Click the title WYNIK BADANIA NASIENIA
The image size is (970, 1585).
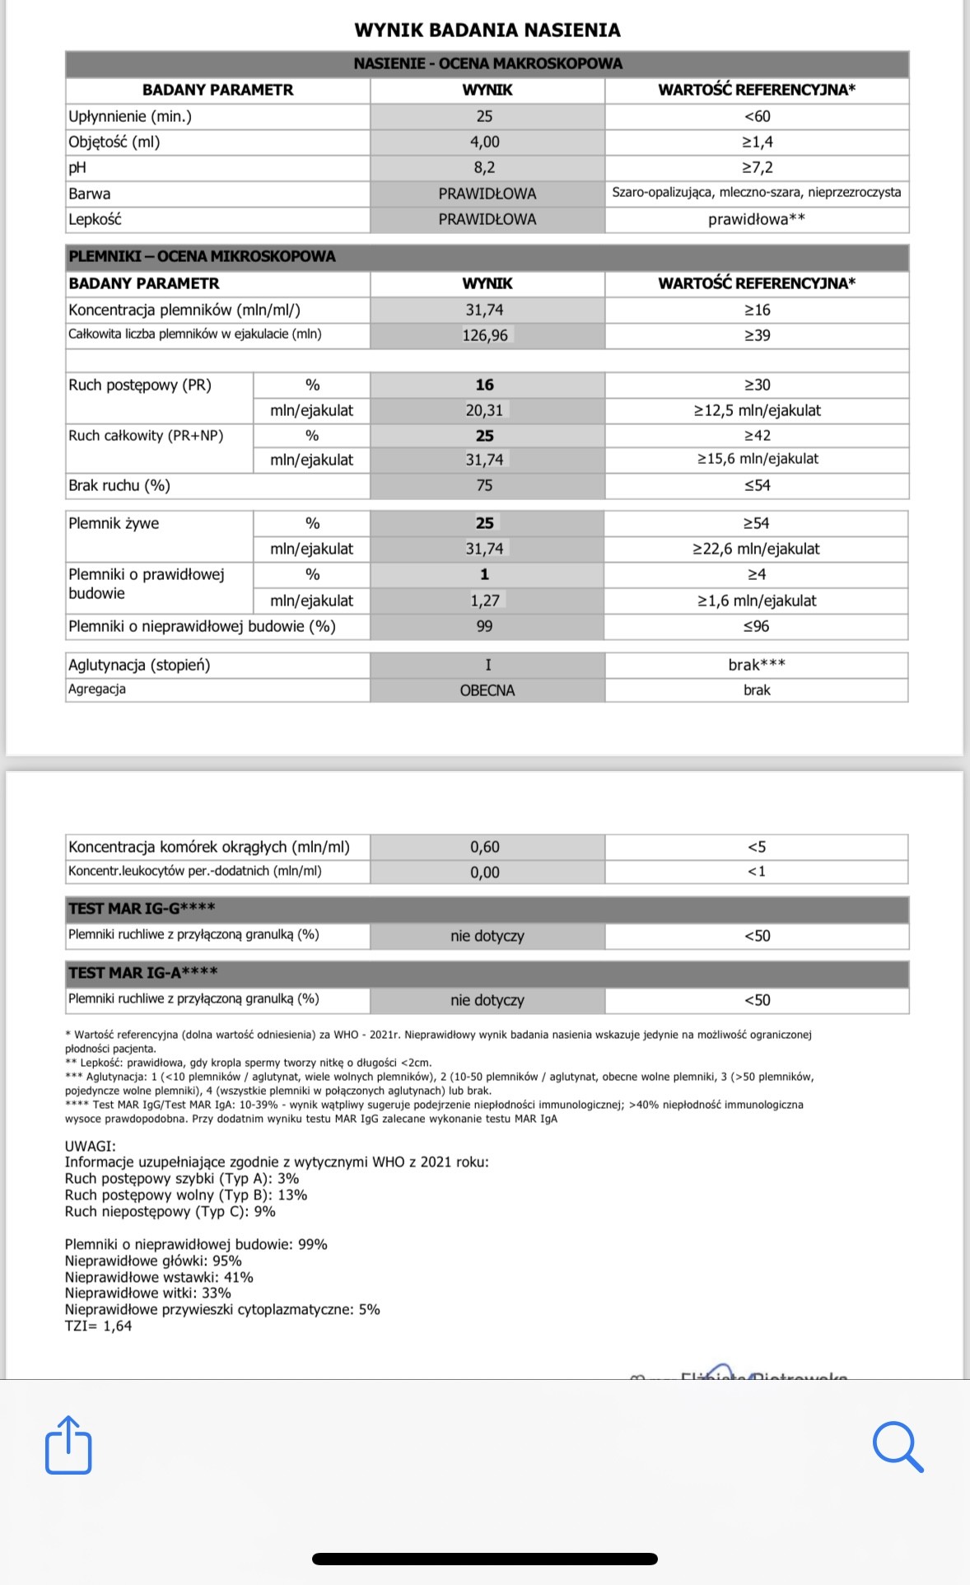click(x=487, y=30)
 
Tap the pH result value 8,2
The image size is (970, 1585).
click(x=484, y=168)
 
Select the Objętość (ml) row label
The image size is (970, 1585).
click(x=114, y=142)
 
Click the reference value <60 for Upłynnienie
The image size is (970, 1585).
click(x=757, y=116)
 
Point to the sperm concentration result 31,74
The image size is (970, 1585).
click(x=484, y=310)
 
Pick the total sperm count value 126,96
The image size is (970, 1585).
click(x=485, y=335)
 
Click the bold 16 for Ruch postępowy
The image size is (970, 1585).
click(x=484, y=385)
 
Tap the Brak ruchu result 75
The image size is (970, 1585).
click(x=484, y=485)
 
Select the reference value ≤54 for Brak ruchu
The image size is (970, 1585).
click(x=757, y=485)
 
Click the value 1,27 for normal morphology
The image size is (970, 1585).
click(x=485, y=601)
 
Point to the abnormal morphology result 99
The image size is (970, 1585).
click(x=484, y=626)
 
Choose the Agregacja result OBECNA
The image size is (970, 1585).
click(x=487, y=690)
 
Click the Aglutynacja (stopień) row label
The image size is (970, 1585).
click(x=139, y=665)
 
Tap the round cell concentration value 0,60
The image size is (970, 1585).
click(x=485, y=847)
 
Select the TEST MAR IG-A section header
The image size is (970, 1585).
click(x=143, y=973)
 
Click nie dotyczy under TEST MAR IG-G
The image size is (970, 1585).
click(x=487, y=936)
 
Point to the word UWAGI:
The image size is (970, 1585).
click(x=91, y=1146)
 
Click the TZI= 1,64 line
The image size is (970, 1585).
click(x=98, y=1326)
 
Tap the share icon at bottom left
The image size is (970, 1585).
click(x=68, y=1444)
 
